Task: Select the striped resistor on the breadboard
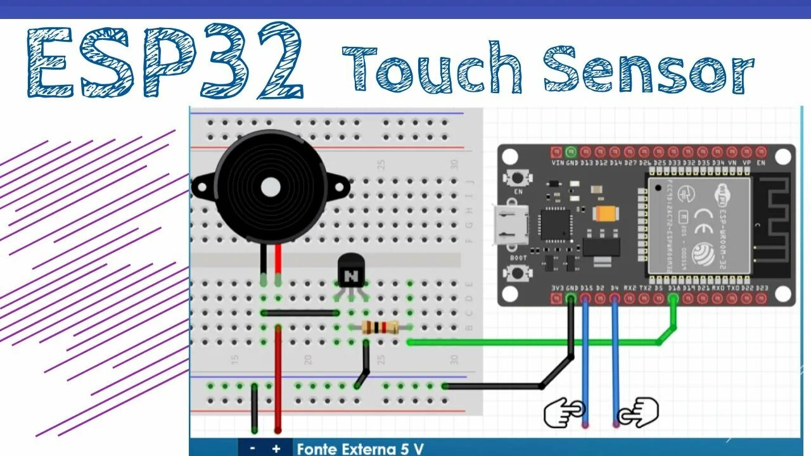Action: (380, 327)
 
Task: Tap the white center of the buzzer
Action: (271, 187)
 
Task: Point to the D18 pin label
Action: (674, 289)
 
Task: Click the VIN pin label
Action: (558, 163)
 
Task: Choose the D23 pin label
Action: (762, 289)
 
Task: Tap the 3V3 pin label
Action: (557, 289)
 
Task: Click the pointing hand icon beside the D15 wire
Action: (564, 412)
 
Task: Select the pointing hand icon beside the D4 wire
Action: (639, 412)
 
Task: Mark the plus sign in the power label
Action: (276, 448)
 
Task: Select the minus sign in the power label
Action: (253, 448)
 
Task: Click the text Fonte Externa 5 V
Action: (360, 448)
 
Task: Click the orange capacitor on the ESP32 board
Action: (604, 214)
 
